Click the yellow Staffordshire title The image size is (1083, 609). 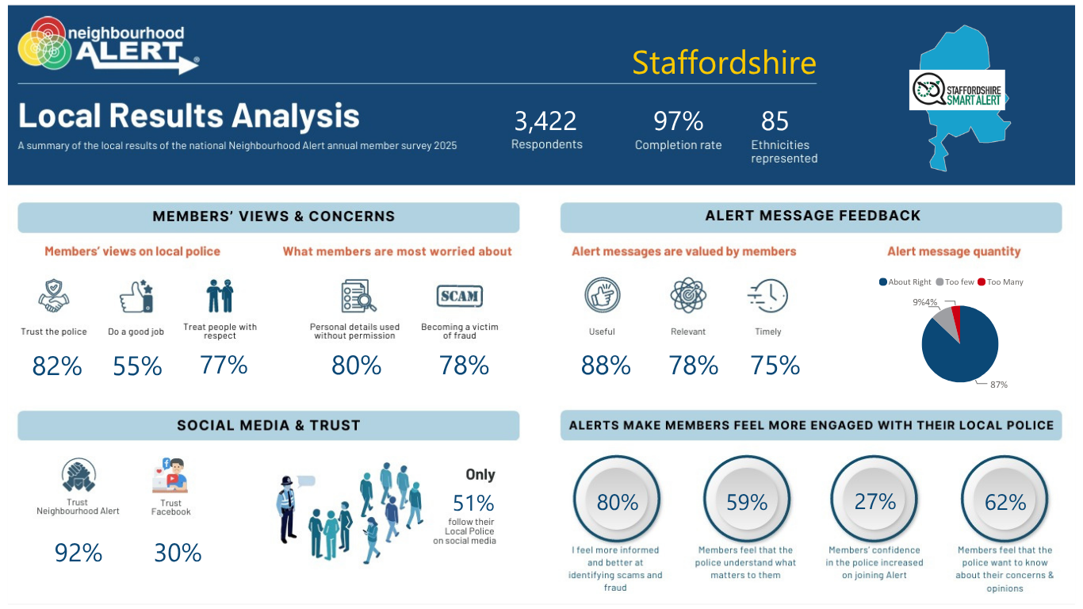click(x=724, y=63)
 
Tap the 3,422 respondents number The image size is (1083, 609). click(x=545, y=121)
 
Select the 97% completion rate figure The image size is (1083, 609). click(x=679, y=121)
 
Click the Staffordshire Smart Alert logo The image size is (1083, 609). click(x=957, y=90)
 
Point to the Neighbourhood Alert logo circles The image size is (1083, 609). click(x=44, y=43)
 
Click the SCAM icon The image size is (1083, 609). click(x=459, y=296)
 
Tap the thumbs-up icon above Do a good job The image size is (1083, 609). click(x=136, y=296)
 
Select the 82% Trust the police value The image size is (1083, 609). click(x=57, y=366)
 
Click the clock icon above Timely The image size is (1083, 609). click(x=767, y=296)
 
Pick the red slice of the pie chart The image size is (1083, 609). click(x=956, y=317)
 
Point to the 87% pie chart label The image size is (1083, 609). click(x=999, y=385)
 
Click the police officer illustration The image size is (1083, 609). click(x=287, y=509)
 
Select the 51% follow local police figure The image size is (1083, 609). click(x=473, y=503)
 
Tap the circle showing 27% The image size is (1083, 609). click(x=874, y=499)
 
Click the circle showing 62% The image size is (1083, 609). click(x=1005, y=499)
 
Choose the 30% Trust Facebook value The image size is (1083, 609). click(x=178, y=553)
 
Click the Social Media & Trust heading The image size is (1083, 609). click(x=268, y=426)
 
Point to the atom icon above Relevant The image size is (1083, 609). click(x=688, y=295)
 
